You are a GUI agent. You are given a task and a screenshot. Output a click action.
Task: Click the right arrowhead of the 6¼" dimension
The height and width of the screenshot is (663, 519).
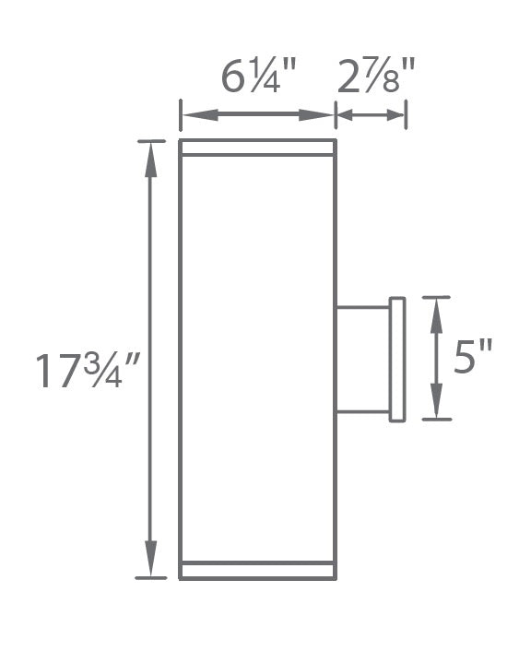coord(323,115)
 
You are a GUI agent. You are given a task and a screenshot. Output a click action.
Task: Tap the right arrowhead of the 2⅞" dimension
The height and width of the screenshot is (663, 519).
coord(395,115)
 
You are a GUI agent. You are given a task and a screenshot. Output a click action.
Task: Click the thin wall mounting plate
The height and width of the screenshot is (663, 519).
coord(397,359)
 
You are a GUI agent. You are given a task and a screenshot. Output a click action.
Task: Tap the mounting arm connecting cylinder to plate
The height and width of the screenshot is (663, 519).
coord(362,359)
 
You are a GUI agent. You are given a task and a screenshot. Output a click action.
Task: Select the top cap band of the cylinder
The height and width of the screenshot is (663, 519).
coord(257,148)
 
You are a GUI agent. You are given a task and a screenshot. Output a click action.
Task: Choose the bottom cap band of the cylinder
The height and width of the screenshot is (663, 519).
coord(257,571)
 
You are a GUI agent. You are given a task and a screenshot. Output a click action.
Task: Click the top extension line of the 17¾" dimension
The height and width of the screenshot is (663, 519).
coord(150,141)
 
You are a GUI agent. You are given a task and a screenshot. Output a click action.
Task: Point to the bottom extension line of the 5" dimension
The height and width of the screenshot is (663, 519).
coord(437,420)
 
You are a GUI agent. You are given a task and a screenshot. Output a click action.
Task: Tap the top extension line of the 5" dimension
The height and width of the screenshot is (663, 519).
coord(437,298)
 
